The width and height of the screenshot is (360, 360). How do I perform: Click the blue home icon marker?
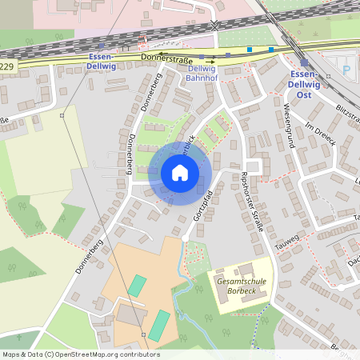point(179,173)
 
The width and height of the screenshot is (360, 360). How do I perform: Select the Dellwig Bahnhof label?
point(200,73)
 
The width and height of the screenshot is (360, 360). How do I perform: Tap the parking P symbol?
point(346,70)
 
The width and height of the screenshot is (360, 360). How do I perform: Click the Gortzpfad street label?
point(199,213)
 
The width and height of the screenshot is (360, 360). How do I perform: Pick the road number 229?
point(6,66)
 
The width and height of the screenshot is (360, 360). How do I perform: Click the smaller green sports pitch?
point(137,285)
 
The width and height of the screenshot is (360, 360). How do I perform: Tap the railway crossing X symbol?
point(214,26)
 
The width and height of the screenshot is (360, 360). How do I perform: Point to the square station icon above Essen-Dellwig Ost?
point(304,62)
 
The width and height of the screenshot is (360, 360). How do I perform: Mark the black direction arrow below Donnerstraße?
point(212,61)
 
